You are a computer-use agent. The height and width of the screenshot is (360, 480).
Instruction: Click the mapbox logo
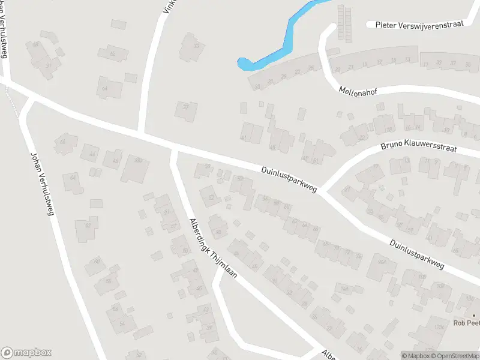[x=26, y=353]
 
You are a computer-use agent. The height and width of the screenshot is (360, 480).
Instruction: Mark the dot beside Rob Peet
[x=473, y=315]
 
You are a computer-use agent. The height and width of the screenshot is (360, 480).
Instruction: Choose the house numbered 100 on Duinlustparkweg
[x=422, y=277]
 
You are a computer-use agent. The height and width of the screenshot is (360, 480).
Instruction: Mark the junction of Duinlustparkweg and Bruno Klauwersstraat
[x=323, y=191]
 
